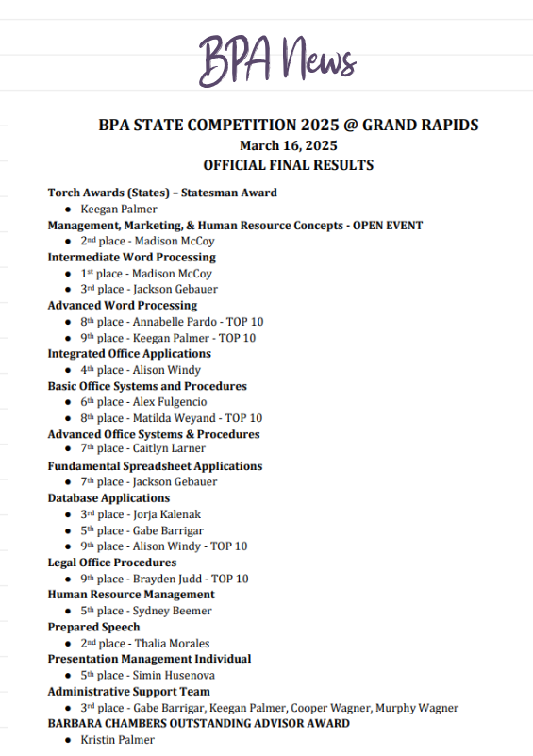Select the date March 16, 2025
pyautogui.click(x=288, y=145)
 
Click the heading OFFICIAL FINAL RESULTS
pyautogui.click(x=288, y=165)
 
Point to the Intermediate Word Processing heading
pyautogui.click(x=131, y=257)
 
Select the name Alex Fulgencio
pyautogui.click(x=173, y=402)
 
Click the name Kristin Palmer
pyautogui.click(x=118, y=740)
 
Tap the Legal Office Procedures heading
pyautogui.click(x=112, y=563)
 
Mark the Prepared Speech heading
pyautogui.click(x=93, y=627)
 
